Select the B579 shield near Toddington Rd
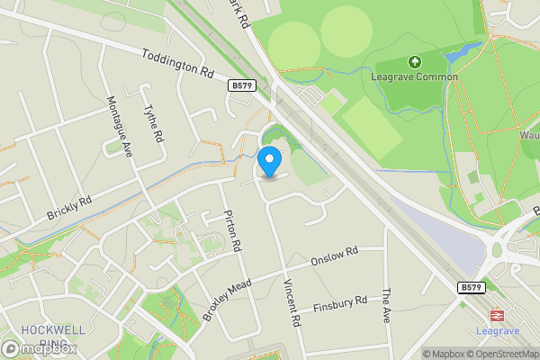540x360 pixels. pyautogui.click(x=242, y=86)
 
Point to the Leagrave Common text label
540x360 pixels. pyautogui.click(x=415, y=77)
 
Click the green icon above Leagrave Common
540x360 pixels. pyautogui.click(x=415, y=62)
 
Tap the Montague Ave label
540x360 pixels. pyautogui.click(x=119, y=126)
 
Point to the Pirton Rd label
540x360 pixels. pyautogui.click(x=232, y=231)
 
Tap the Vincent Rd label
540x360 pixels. pyautogui.click(x=291, y=301)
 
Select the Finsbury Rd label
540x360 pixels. pyautogui.click(x=340, y=305)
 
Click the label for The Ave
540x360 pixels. pyautogui.click(x=388, y=307)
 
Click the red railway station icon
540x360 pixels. pyautogui.click(x=496, y=316)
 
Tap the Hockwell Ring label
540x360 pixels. pyautogui.click(x=40, y=336)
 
